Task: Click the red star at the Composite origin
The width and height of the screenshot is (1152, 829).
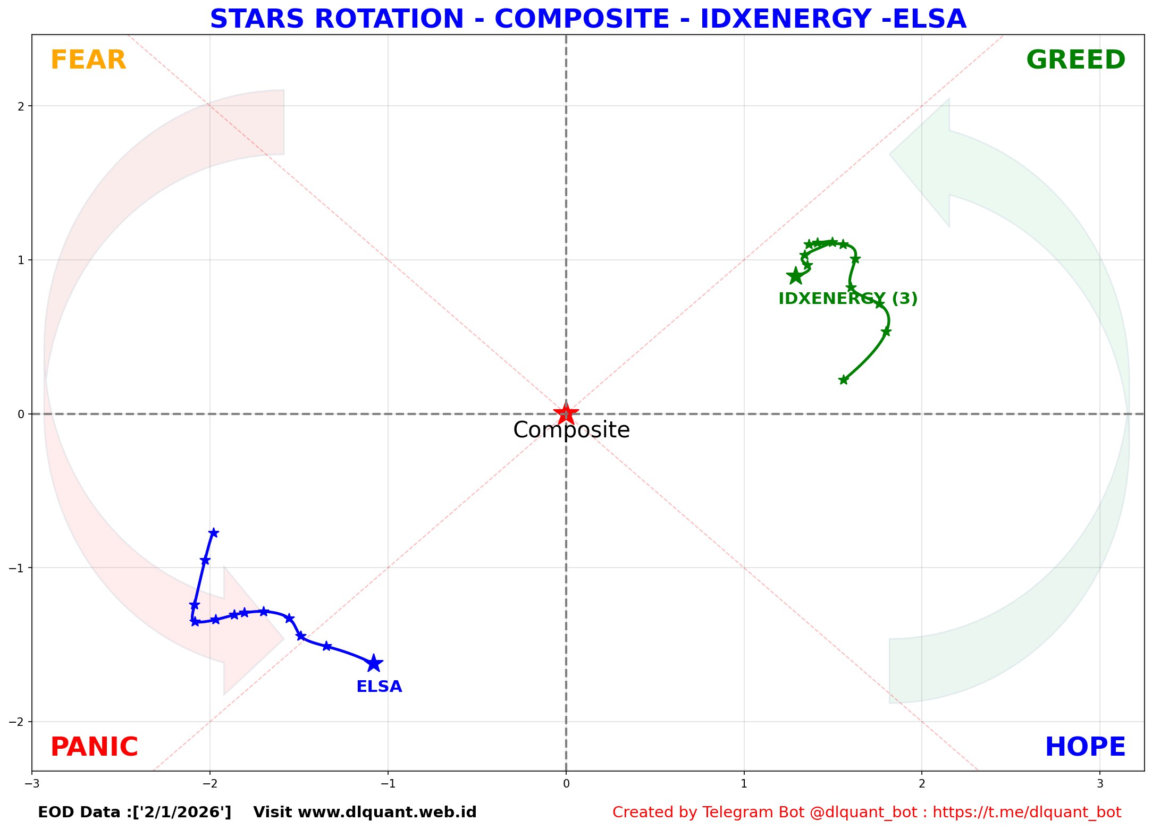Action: (566, 413)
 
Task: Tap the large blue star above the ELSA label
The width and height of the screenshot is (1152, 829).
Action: (374, 663)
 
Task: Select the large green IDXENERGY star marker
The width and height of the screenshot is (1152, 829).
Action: (795, 276)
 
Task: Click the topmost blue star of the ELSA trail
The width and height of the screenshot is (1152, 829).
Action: (214, 532)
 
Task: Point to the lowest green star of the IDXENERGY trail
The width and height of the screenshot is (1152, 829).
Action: (843, 379)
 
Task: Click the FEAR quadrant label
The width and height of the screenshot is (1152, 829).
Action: (88, 60)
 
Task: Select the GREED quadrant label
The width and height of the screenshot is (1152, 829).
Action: (1075, 60)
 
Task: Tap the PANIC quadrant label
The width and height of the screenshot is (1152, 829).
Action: (94, 747)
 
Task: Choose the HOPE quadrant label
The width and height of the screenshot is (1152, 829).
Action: (1085, 747)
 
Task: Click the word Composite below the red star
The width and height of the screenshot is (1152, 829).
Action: (571, 430)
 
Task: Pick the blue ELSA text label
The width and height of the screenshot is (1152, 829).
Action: (379, 687)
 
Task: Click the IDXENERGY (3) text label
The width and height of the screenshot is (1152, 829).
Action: (848, 299)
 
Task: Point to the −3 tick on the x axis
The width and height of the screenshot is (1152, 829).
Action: (32, 783)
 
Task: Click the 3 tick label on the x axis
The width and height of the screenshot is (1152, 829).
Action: (1100, 783)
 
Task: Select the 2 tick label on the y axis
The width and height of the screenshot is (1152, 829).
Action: (21, 106)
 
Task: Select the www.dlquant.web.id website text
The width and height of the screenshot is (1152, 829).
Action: (388, 813)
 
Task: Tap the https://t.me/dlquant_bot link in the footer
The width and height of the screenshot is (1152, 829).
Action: (1027, 813)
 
